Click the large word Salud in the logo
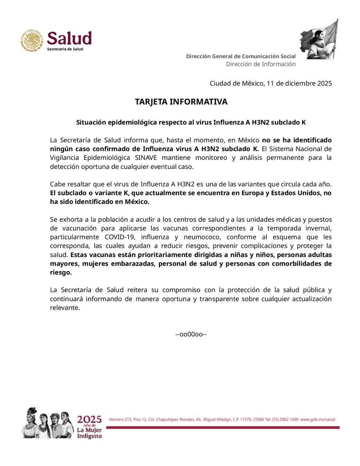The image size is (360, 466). (x=69, y=38)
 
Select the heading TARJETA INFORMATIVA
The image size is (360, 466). (x=181, y=102)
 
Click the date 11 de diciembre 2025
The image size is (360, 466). (x=299, y=83)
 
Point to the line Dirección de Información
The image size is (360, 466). (x=261, y=64)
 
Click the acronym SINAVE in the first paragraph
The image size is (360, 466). (x=146, y=158)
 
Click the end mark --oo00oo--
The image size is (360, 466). (x=191, y=334)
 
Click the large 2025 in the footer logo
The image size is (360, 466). (x=89, y=419)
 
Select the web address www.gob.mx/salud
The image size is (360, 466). (x=317, y=419)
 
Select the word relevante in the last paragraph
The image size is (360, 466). (x=65, y=308)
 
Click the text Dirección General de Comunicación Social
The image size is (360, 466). (x=241, y=56)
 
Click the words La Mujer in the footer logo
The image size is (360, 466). (x=89, y=430)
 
